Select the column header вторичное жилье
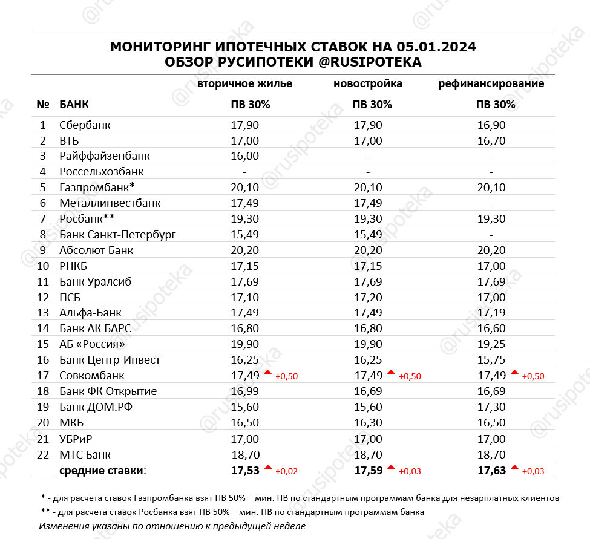[245, 83]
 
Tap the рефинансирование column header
[491, 83]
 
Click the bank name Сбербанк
[85, 125]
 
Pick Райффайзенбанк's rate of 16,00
[245, 156]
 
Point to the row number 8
[42, 234]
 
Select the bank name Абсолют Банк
[96, 250]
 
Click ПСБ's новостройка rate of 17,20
[368, 297]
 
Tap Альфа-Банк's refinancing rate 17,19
[491, 313]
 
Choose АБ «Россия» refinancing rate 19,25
[491, 344]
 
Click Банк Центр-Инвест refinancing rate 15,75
[491, 360]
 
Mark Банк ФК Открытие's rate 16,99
[245, 391]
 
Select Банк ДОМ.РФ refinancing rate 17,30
[491, 407]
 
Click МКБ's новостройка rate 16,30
[368, 423]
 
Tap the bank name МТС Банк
[85, 454]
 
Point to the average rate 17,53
[245, 470]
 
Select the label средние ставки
[103, 470]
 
